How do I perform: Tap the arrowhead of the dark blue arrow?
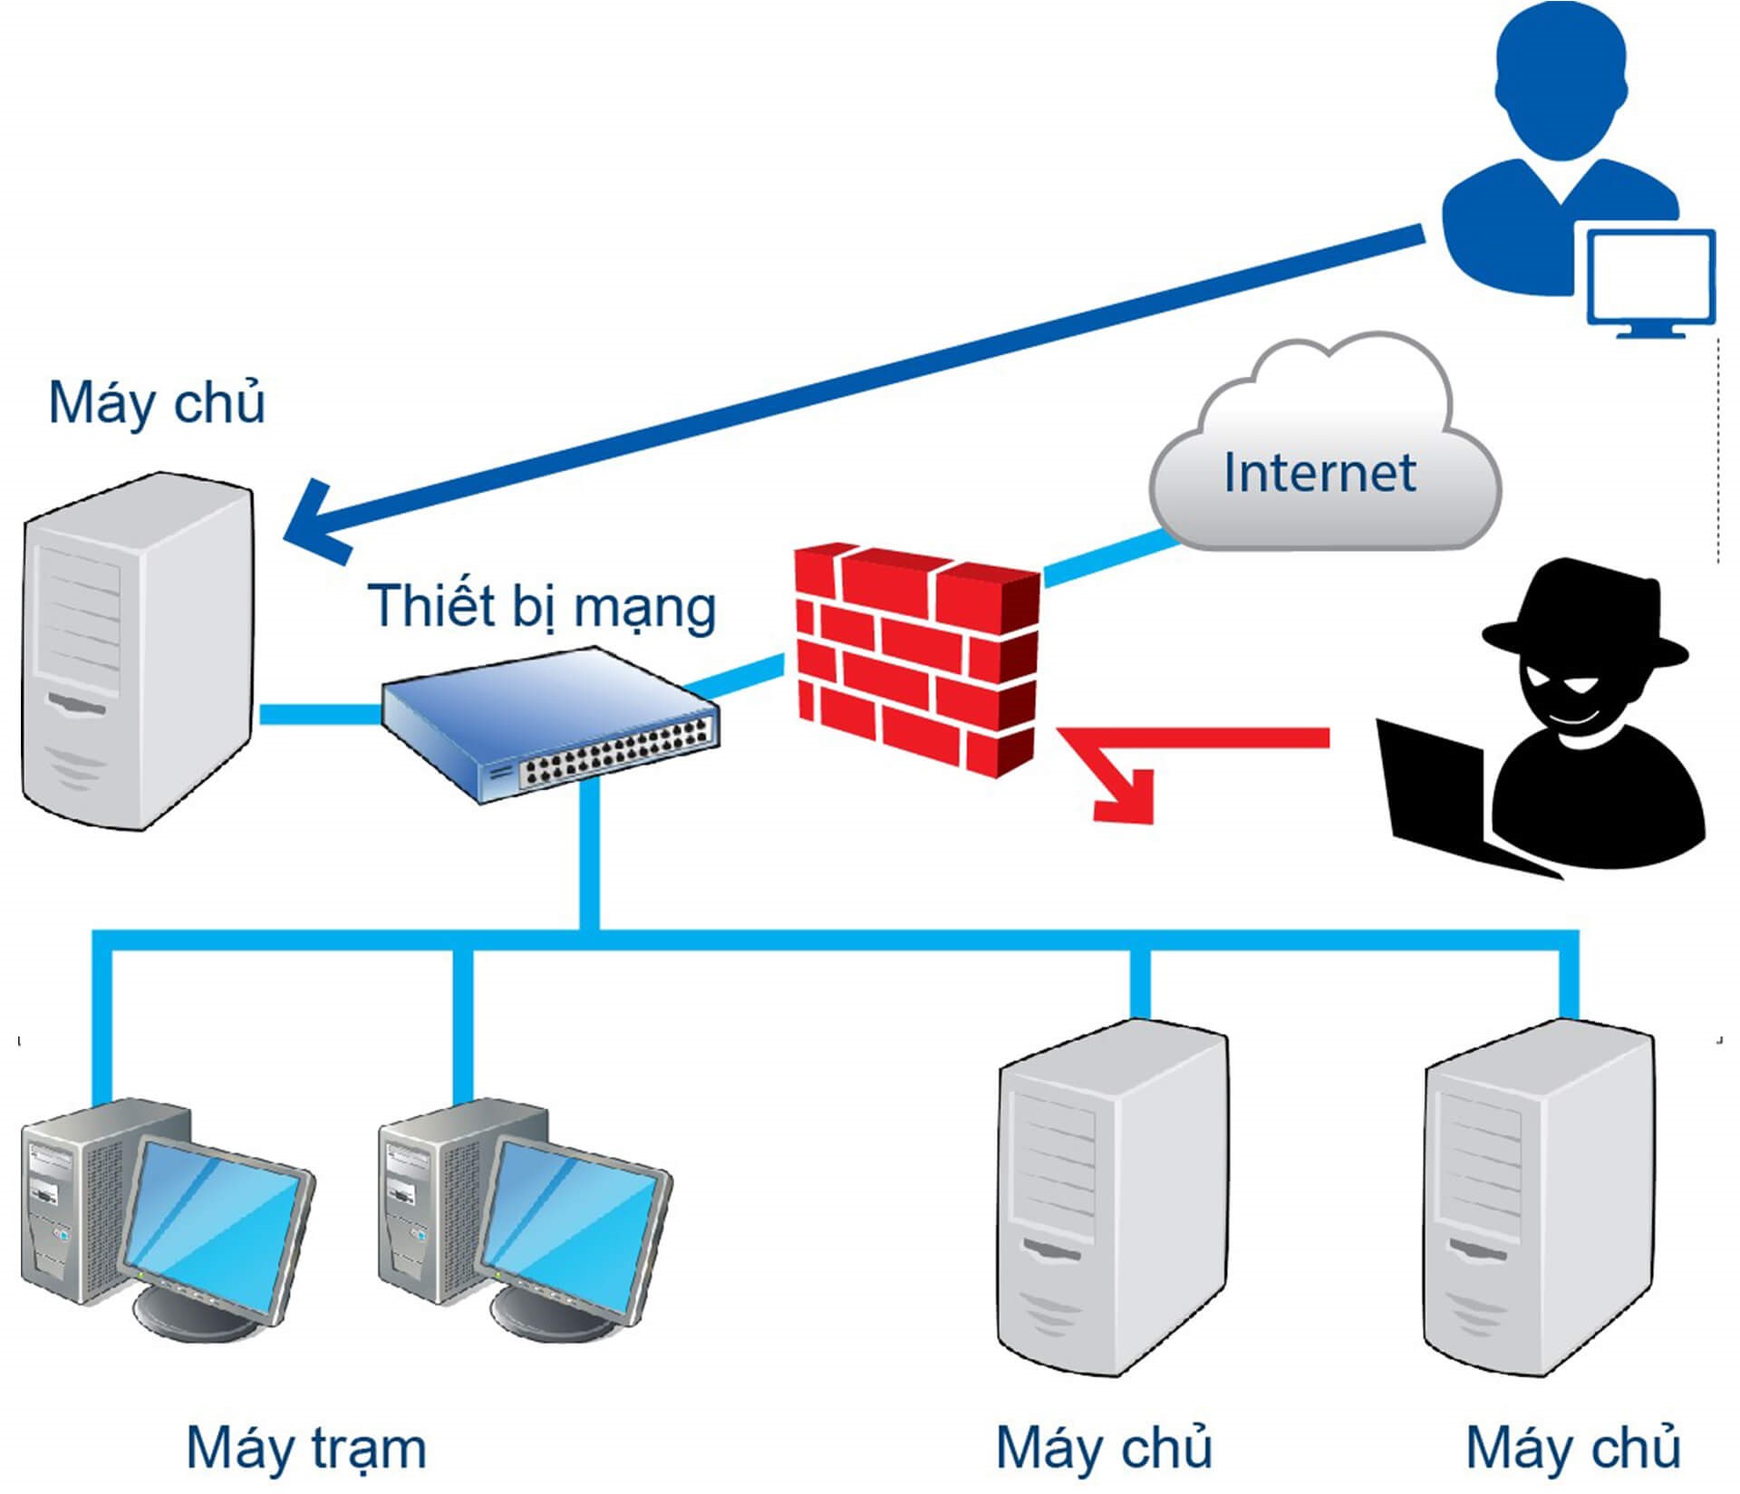313,525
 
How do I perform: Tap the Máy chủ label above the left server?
156,403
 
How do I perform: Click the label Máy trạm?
305,1447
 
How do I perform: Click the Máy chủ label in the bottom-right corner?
1572,1447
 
